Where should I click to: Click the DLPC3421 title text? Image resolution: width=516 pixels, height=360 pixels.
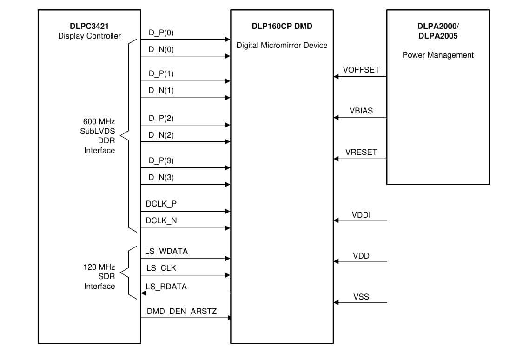click(x=89, y=26)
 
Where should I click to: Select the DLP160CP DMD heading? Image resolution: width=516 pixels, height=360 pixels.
click(x=282, y=26)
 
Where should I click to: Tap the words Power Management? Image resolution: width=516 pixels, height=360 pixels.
click(x=438, y=55)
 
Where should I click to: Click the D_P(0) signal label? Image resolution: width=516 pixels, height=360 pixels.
click(x=161, y=33)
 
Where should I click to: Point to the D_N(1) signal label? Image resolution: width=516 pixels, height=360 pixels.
click(x=161, y=90)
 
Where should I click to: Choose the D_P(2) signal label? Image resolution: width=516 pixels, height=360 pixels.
click(x=161, y=118)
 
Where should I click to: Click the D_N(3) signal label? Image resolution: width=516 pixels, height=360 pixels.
click(x=161, y=177)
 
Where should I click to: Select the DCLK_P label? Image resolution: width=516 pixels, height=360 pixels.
click(x=161, y=204)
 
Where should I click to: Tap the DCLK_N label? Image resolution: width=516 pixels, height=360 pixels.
click(x=161, y=220)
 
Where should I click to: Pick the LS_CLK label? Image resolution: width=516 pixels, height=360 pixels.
click(x=161, y=268)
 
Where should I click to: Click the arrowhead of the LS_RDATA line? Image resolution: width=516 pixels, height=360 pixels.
click(x=144, y=293)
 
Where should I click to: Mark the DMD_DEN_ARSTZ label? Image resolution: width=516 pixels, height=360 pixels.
click(x=181, y=311)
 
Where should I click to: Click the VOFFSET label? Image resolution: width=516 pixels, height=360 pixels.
click(x=361, y=70)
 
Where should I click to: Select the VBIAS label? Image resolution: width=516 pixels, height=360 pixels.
click(x=361, y=111)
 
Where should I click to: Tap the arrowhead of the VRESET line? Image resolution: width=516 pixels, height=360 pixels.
click(x=336, y=159)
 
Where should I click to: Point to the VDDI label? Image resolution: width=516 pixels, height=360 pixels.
click(x=361, y=214)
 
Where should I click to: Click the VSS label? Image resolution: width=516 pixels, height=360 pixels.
click(x=361, y=296)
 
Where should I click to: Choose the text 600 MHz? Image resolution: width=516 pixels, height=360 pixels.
click(x=99, y=121)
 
